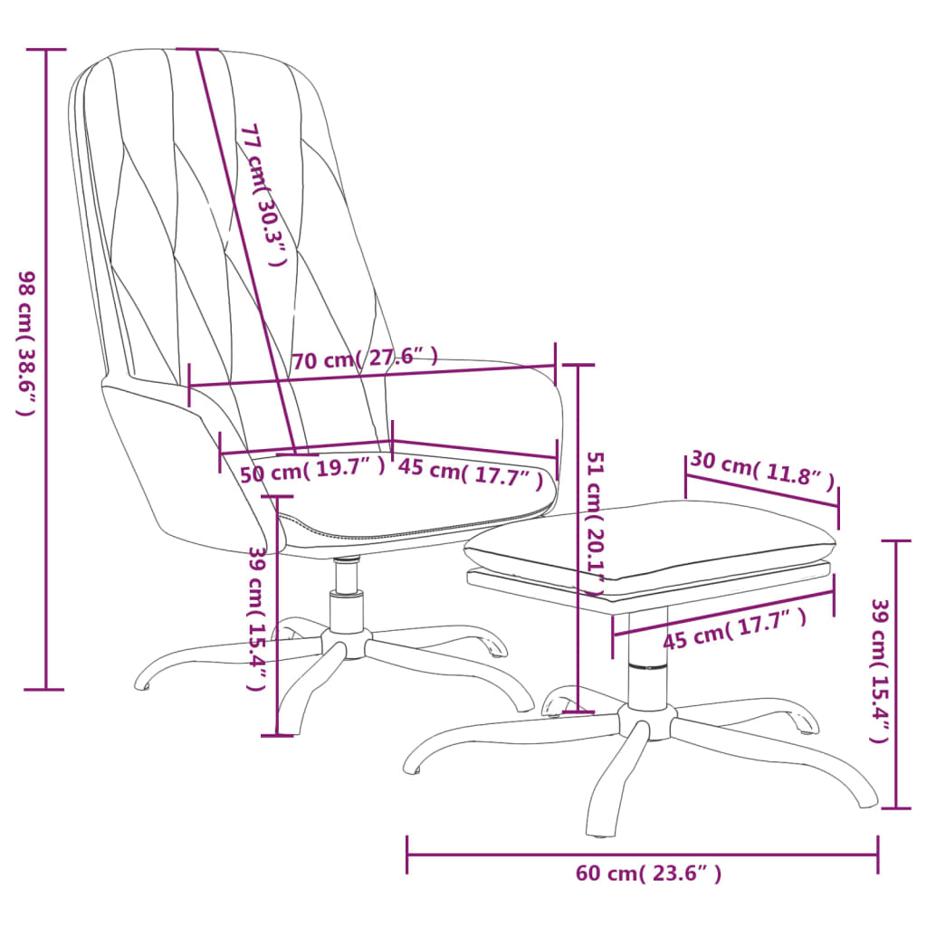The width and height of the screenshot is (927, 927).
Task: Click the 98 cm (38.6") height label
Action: tap(26, 344)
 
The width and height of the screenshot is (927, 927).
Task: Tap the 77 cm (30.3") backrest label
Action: tap(262, 195)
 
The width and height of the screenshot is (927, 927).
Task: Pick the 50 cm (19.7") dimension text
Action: tap(312, 470)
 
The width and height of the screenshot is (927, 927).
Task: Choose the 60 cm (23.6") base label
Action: tap(648, 874)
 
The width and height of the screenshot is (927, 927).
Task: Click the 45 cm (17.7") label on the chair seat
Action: tap(471, 473)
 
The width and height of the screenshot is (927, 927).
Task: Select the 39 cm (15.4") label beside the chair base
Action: tap(258, 619)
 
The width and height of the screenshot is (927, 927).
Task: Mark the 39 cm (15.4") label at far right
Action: tap(878, 670)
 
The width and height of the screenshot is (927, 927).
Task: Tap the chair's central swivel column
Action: tap(346, 597)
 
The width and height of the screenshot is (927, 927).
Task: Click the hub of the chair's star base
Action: tap(346, 645)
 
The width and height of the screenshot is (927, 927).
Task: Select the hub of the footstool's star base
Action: tap(646, 721)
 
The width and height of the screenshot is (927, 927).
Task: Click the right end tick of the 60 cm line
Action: tap(877, 853)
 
